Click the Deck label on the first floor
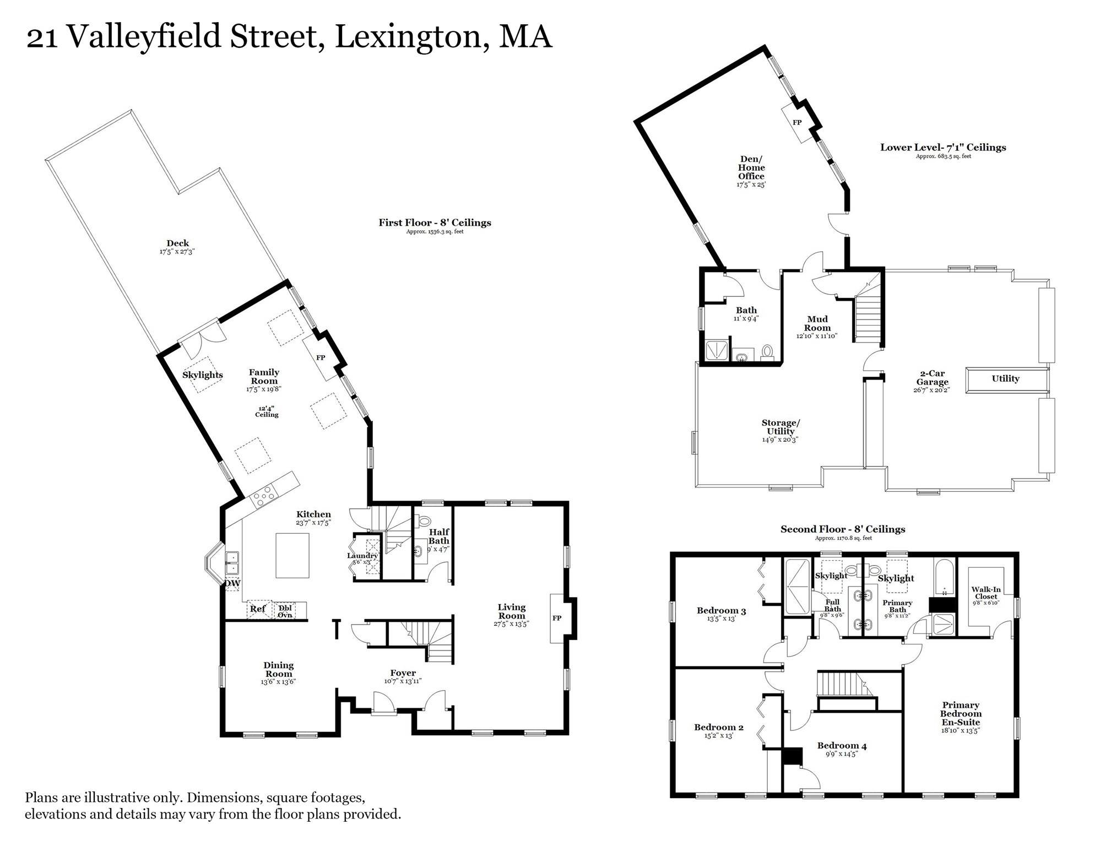[x=177, y=243]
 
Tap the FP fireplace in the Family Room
[x=321, y=357]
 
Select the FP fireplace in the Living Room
[x=557, y=618]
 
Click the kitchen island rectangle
[x=292, y=555]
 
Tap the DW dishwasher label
[x=232, y=583]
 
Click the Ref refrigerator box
[x=258, y=609]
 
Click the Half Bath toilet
[x=424, y=520]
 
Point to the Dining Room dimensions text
[x=279, y=682]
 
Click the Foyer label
[x=403, y=673]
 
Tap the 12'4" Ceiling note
[x=267, y=411]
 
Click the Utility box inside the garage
[x=1006, y=379]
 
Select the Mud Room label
[x=817, y=323]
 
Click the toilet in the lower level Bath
[x=767, y=351]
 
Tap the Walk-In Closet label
[x=986, y=593]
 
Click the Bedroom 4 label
[x=842, y=746]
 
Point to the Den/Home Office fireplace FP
[x=796, y=122]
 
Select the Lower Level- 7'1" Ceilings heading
[x=943, y=148]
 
